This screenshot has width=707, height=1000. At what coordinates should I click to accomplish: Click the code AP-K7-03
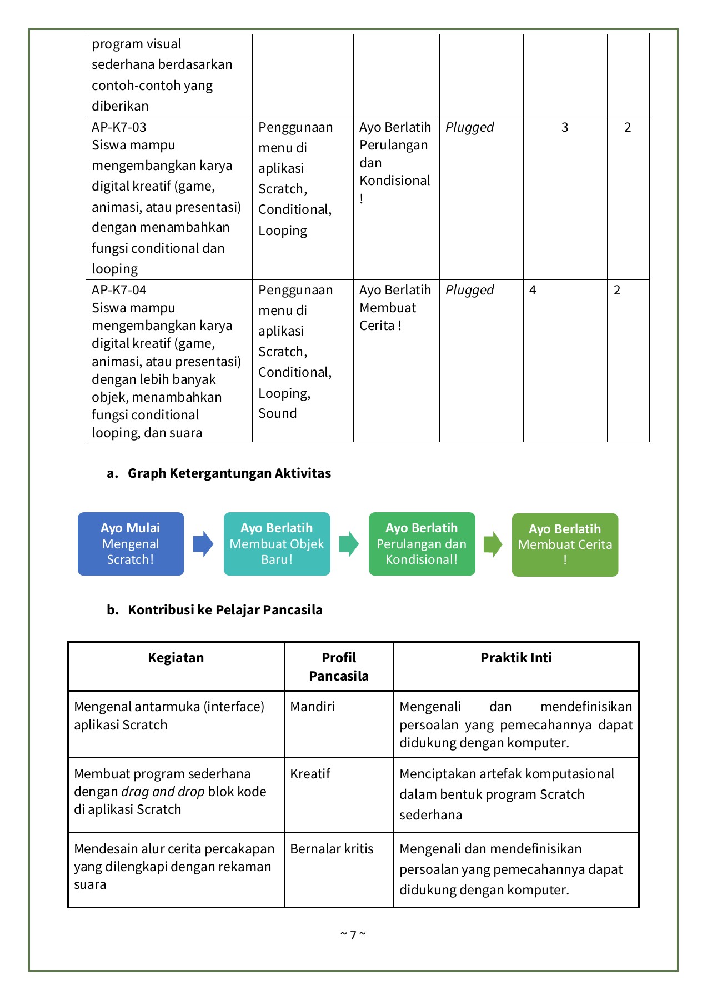pos(119,127)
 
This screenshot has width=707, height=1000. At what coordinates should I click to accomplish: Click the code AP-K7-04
pos(119,290)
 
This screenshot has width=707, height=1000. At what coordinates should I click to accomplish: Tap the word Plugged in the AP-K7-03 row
pos(469,127)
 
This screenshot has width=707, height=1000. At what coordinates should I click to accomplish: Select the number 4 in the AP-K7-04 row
pos(533,290)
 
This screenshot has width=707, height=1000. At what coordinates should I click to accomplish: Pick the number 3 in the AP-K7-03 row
pos(565,127)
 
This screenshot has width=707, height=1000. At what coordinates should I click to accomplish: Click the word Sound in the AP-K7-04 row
pos(277,413)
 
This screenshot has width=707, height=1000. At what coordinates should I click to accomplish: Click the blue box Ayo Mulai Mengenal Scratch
pos(131,544)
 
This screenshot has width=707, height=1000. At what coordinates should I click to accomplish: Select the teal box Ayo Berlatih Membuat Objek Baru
pos(277,544)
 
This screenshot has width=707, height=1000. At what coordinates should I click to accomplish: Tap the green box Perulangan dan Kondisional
pos(422,544)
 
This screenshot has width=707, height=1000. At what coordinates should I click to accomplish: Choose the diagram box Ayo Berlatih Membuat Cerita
pos(565,545)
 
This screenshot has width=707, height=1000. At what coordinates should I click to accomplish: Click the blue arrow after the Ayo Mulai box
pos(203,544)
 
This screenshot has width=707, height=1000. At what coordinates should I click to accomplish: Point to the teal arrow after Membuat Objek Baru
pos(349,544)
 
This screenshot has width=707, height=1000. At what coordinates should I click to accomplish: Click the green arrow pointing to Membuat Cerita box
pos(493,544)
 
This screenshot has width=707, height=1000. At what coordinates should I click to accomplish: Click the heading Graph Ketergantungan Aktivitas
pos(229,473)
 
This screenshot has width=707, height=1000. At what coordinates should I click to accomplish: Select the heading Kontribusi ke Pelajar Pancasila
pos(225,610)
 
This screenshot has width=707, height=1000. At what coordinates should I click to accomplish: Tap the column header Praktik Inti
pos(516,658)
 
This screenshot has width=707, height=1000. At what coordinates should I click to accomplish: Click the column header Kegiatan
pos(176,658)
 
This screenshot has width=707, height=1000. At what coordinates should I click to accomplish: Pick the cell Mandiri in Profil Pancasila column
pos(312,707)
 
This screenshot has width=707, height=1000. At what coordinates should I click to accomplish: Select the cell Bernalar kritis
pos(332,849)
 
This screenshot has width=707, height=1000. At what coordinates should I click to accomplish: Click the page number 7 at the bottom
pos(353,935)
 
